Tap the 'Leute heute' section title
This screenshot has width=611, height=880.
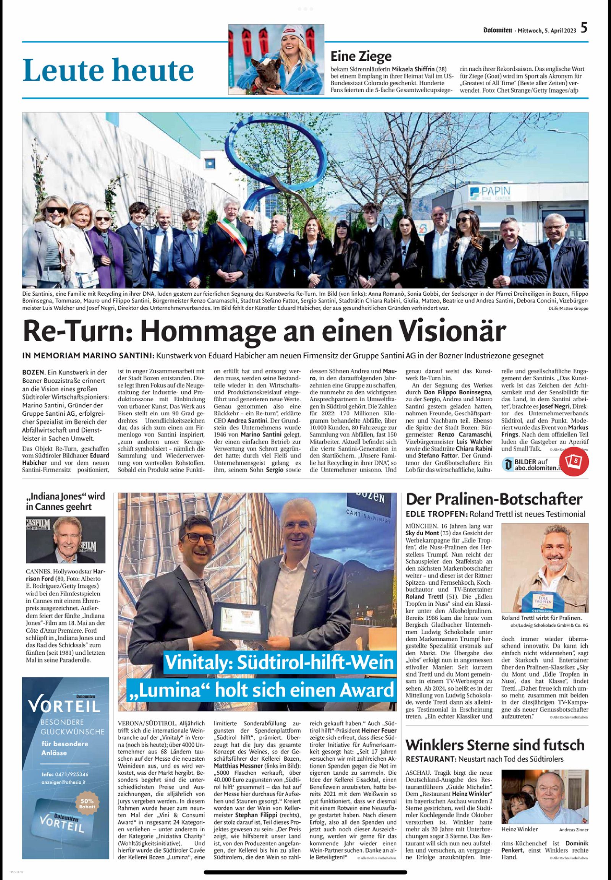point(108,70)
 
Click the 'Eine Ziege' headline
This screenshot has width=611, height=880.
point(360,56)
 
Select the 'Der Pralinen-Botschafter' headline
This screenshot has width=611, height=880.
point(493,499)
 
